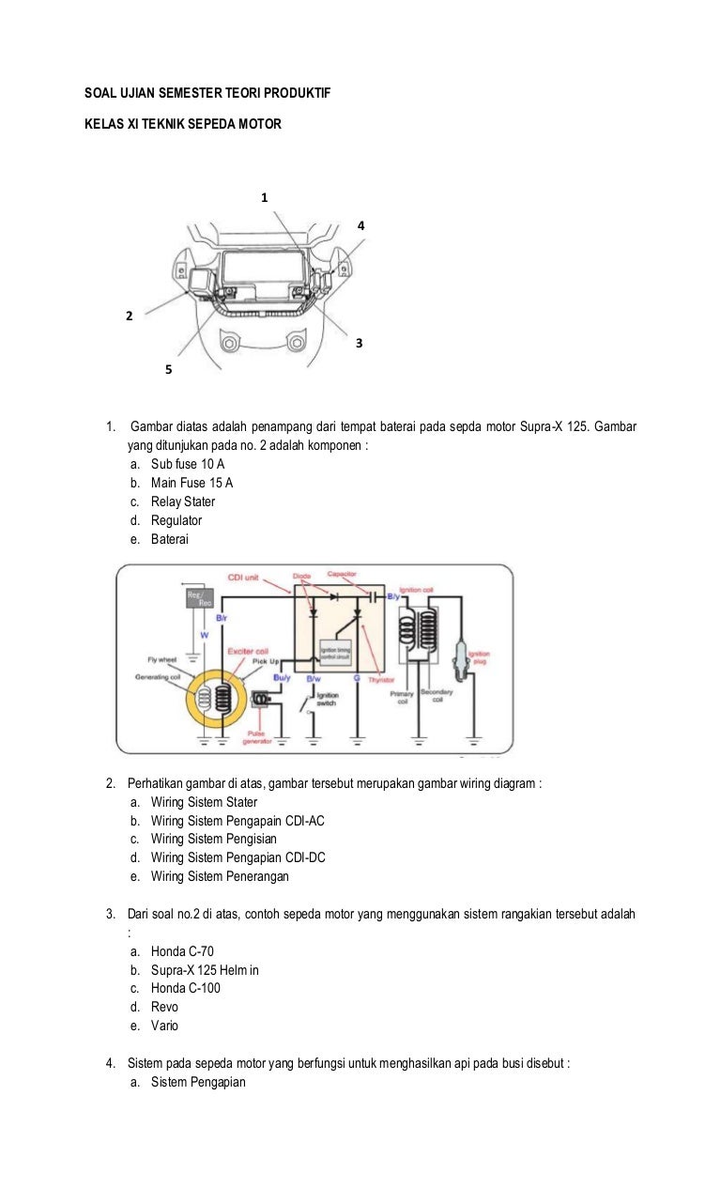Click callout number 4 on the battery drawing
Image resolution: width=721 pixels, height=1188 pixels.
point(360,226)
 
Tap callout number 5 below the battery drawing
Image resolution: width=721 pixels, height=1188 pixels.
point(168,370)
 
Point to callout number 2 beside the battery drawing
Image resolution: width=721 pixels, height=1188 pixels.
point(130,316)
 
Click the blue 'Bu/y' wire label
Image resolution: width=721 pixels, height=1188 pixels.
point(282,676)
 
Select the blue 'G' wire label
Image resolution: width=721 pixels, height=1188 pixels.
point(357,676)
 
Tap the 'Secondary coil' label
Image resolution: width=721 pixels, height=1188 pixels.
point(437,698)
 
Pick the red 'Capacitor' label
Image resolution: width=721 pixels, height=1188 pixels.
point(341,574)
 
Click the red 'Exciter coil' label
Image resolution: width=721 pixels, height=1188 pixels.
point(248,650)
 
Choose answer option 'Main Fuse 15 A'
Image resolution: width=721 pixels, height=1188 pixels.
point(192,483)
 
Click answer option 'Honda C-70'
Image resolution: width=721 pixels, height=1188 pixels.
point(182,951)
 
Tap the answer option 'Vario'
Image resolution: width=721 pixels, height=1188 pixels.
point(164,1026)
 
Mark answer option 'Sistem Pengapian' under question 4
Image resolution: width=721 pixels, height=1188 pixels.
point(198,1082)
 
